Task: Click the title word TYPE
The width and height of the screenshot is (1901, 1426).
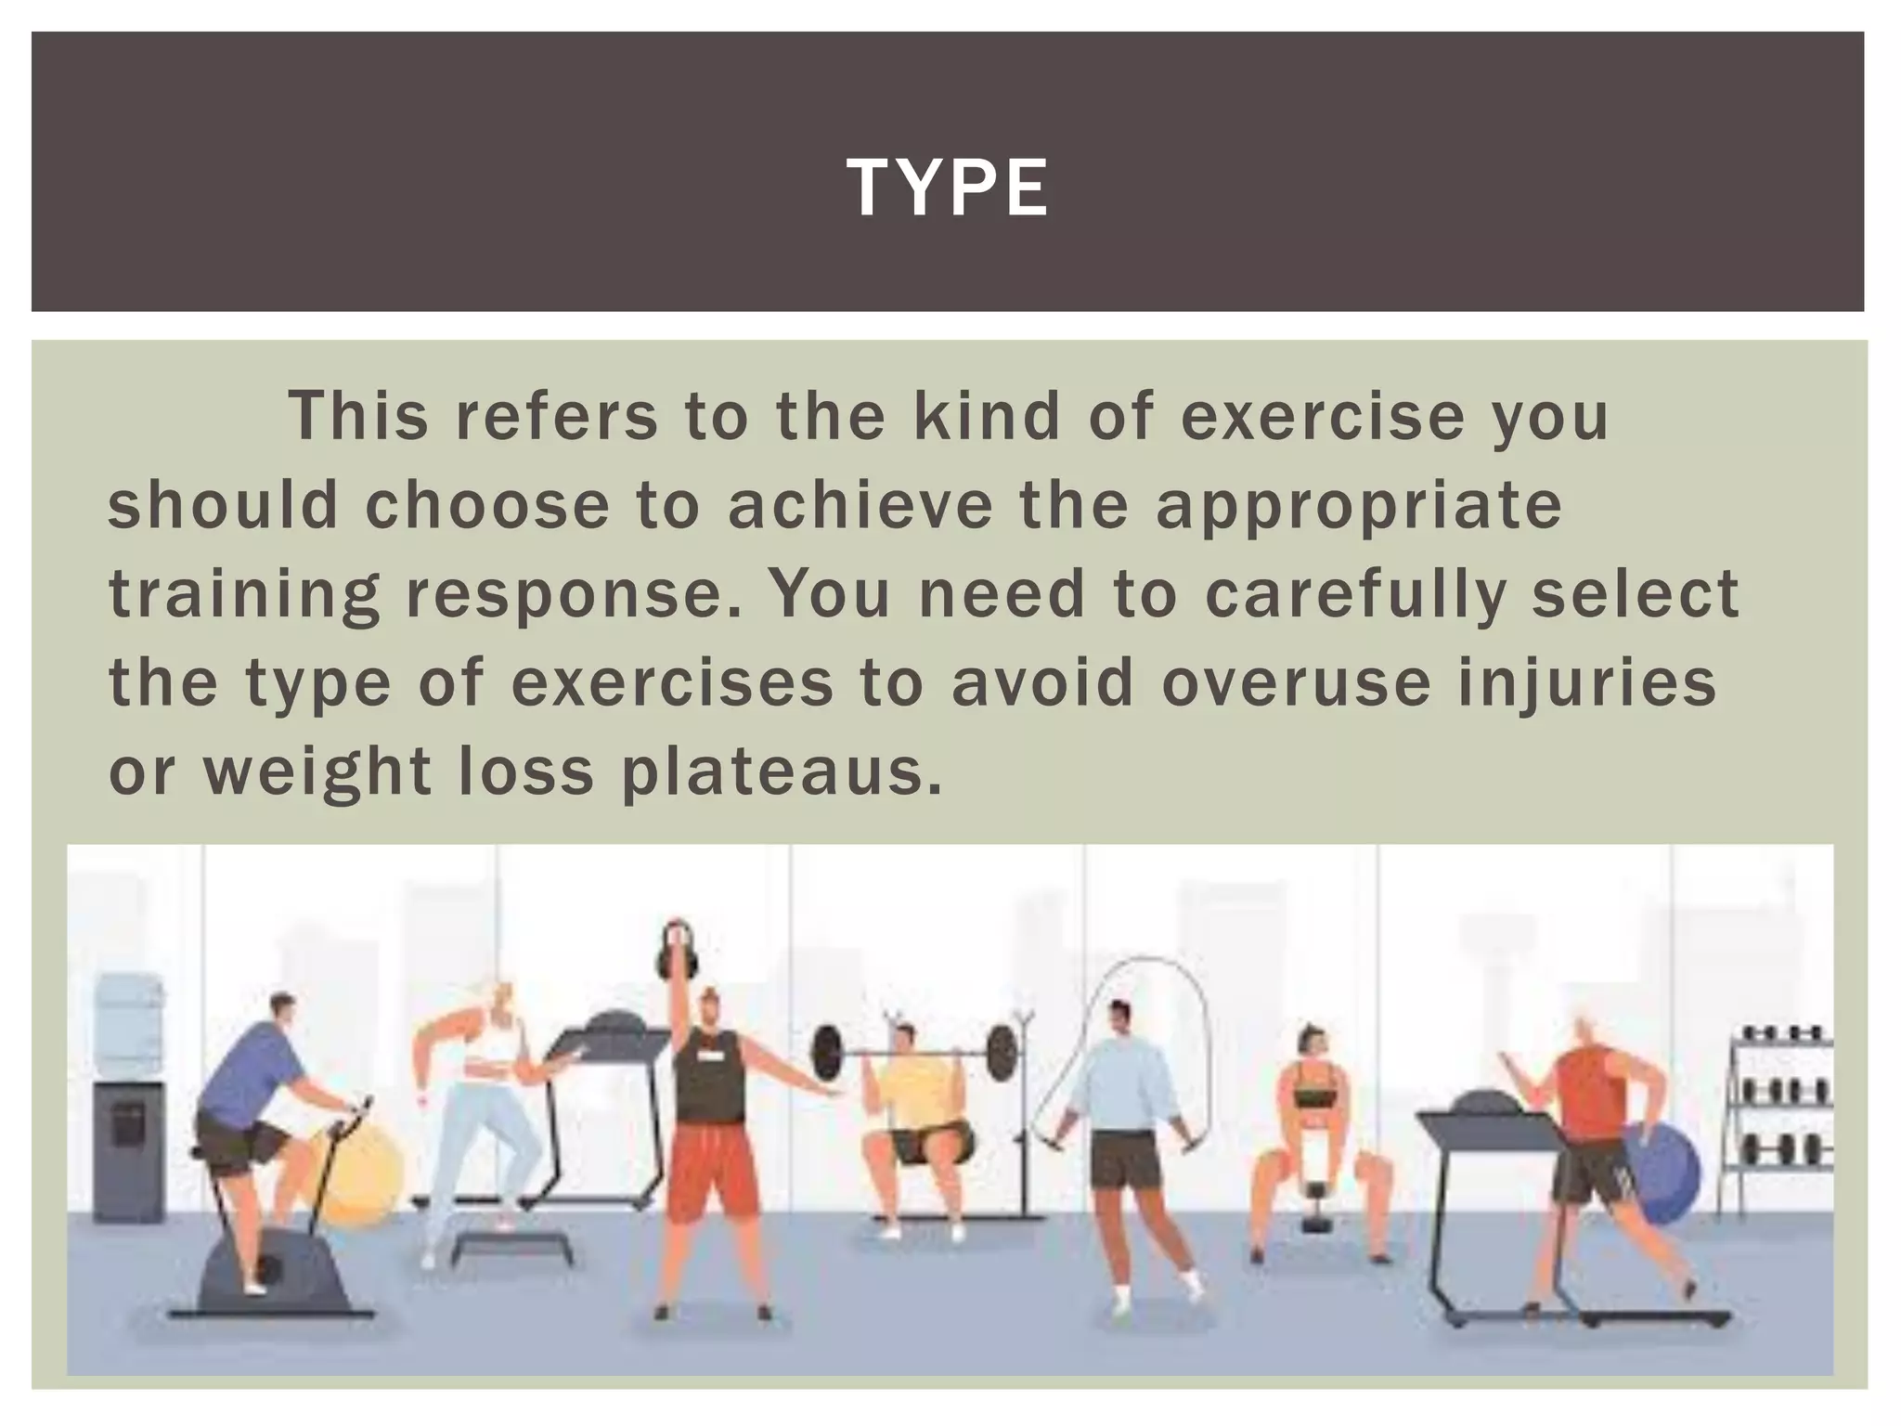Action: [948, 188]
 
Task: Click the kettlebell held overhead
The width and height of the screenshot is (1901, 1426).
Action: [678, 953]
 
